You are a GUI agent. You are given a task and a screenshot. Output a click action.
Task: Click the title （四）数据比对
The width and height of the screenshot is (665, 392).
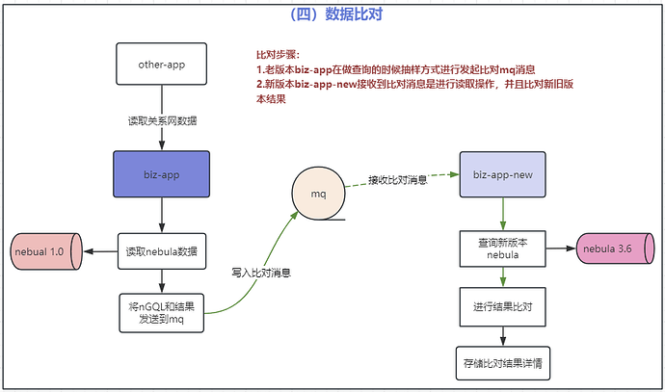click(332, 14)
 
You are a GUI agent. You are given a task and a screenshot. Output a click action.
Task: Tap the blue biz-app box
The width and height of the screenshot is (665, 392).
click(162, 175)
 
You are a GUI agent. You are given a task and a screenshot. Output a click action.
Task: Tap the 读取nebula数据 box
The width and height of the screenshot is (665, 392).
click(162, 251)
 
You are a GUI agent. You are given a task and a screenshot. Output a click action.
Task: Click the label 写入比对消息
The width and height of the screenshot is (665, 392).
click(262, 273)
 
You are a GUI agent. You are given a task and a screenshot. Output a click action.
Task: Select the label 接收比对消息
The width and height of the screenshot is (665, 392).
click(398, 179)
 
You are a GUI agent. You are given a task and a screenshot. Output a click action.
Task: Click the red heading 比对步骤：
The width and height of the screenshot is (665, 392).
click(278, 55)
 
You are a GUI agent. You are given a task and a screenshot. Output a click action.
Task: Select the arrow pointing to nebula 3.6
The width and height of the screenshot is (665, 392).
click(560, 249)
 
